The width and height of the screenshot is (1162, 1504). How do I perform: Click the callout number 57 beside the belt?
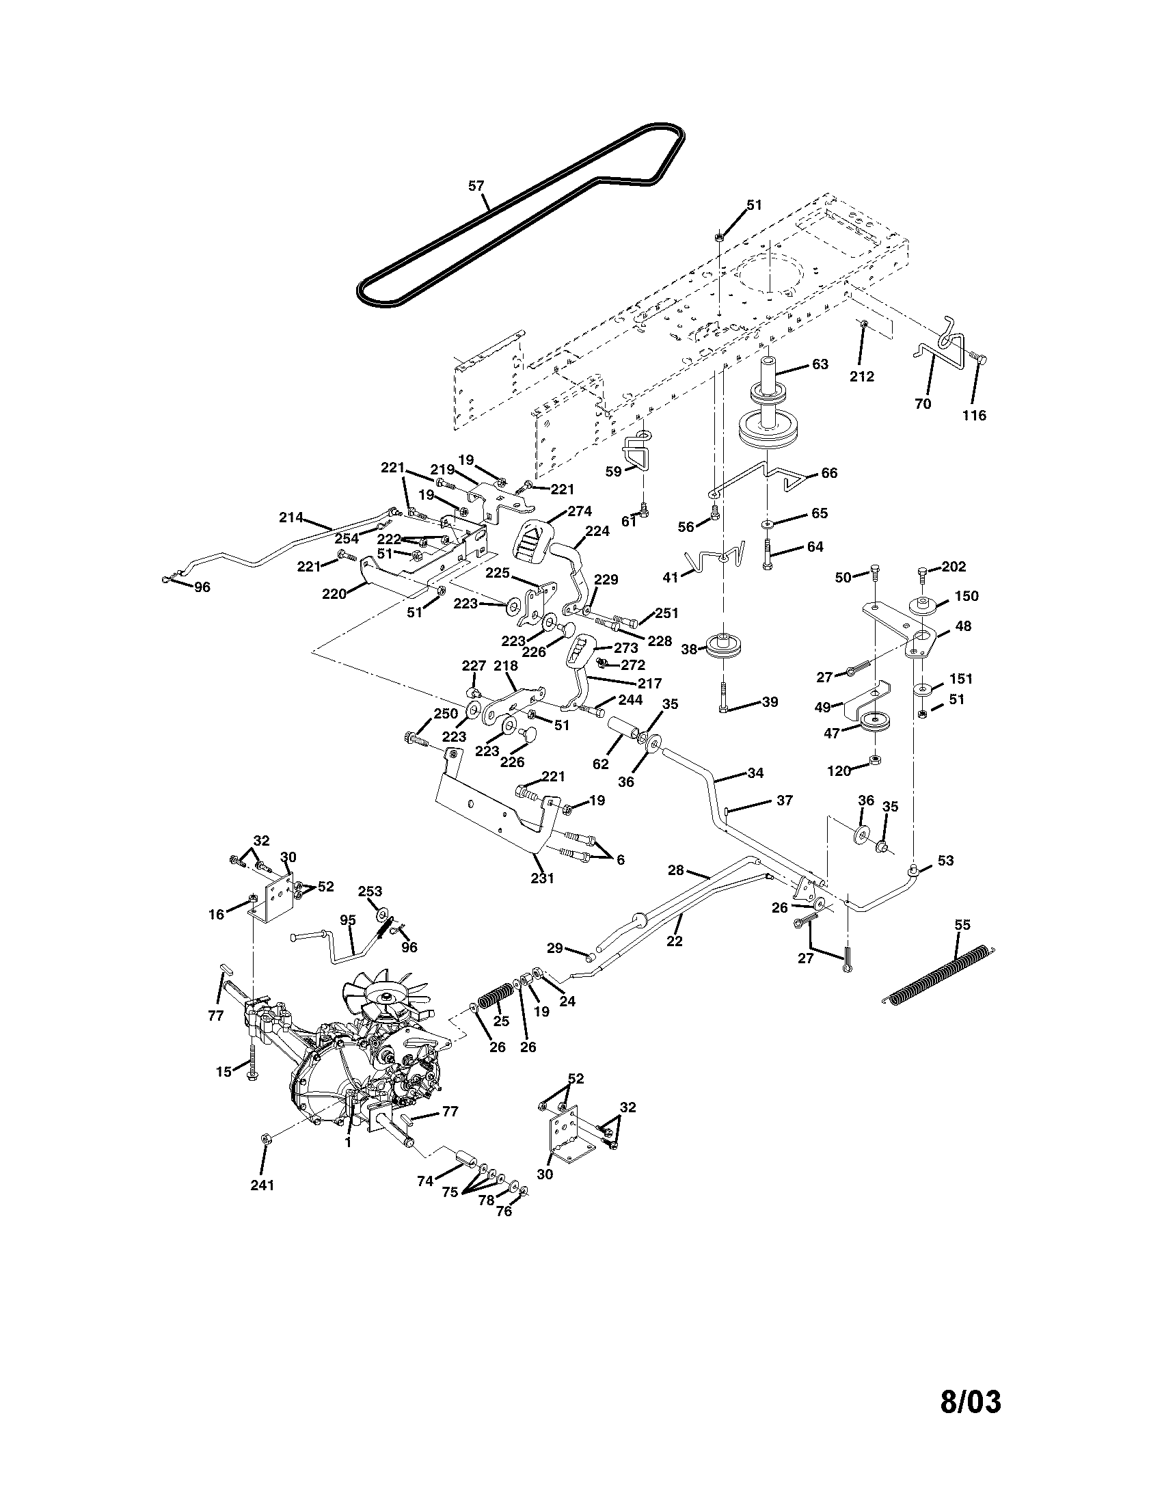click(476, 185)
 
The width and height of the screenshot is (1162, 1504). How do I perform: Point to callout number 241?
click(262, 1185)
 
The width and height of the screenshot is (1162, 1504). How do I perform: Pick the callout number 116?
click(975, 415)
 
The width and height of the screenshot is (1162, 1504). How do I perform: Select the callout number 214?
click(291, 518)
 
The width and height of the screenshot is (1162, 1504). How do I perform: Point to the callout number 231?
click(543, 878)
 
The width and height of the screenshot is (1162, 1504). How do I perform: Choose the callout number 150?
click(967, 595)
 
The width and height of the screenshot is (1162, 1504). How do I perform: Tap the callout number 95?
click(349, 920)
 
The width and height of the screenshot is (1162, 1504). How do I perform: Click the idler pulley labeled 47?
click(876, 723)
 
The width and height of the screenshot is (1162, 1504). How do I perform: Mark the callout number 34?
click(755, 773)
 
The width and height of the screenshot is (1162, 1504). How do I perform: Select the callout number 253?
click(370, 891)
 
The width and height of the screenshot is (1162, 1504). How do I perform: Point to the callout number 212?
click(862, 376)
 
